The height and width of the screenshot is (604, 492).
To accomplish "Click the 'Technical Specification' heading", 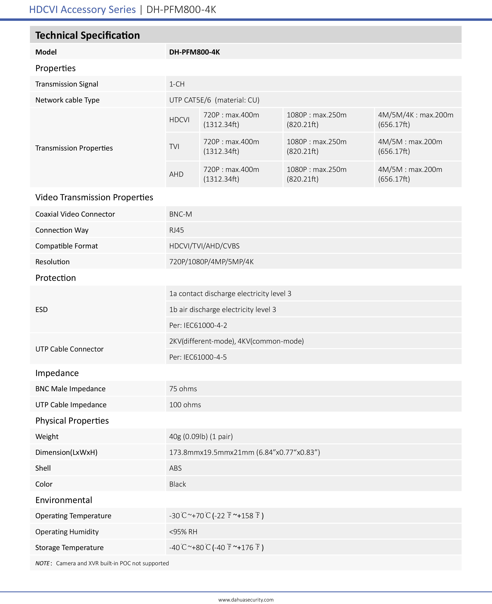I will (x=88, y=35).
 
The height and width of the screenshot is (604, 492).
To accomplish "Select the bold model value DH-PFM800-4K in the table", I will (x=194, y=52).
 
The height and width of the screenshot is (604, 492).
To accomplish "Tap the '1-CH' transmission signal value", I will (x=177, y=84).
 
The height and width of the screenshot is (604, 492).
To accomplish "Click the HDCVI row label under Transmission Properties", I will (x=179, y=120).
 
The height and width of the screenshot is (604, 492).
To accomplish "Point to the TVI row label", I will (x=174, y=146).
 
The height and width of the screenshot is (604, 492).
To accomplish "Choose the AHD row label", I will (x=176, y=174).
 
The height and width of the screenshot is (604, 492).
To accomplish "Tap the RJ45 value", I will (x=177, y=230).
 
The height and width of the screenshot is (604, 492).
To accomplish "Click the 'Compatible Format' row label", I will (x=67, y=246).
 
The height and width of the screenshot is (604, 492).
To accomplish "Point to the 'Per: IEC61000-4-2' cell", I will (x=198, y=325).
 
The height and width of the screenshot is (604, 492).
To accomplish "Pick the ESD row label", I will (x=41, y=309).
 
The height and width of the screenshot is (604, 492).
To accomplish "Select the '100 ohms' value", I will (x=185, y=405).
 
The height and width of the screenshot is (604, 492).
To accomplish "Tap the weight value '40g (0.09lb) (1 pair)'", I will (x=201, y=437).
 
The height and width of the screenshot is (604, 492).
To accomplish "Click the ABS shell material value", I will (x=175, y=468).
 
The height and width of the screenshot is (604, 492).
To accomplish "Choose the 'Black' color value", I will (x=178, y=484).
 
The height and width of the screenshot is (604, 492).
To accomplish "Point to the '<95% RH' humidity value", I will (x=183, y=532).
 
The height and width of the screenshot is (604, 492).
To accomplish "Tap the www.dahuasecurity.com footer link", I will (x=246, y=600).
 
